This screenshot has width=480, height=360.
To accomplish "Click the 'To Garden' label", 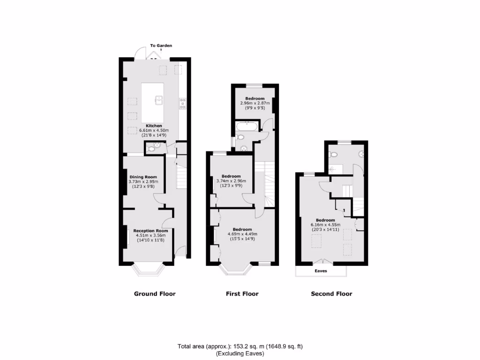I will [161, 45].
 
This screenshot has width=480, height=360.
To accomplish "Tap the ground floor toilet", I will [151, 148].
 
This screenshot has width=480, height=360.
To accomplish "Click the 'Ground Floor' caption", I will [155, 294].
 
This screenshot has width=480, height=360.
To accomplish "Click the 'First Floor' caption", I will [242, 294].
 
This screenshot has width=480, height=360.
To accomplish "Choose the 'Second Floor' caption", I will [331, 294].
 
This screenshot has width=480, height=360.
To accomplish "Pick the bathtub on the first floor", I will [246, 126].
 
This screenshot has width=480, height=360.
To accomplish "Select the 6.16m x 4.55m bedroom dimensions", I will [325, 225].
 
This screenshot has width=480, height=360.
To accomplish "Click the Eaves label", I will [321, 271].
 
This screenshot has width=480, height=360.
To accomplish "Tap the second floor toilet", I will [333, 154].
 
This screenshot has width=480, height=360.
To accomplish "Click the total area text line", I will [240, 347].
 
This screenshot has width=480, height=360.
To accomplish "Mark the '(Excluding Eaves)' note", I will [240, 353].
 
